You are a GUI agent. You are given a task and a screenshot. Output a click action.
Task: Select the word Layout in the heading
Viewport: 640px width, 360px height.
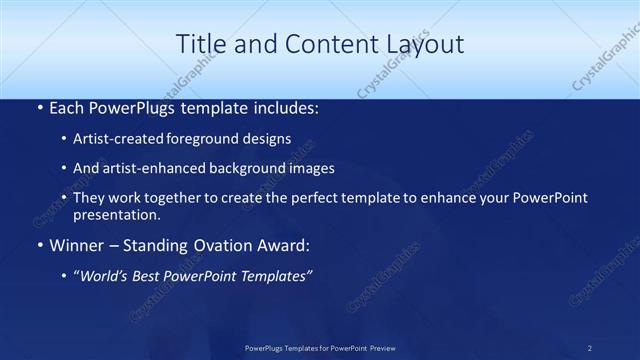click(423, 45)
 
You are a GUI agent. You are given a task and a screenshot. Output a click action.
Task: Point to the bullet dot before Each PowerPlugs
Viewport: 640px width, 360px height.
click(38, 106)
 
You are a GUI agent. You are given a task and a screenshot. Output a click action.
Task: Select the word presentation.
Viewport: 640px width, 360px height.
click(115, 214)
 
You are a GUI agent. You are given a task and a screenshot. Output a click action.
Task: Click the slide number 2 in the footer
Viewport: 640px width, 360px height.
click(590, 348)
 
